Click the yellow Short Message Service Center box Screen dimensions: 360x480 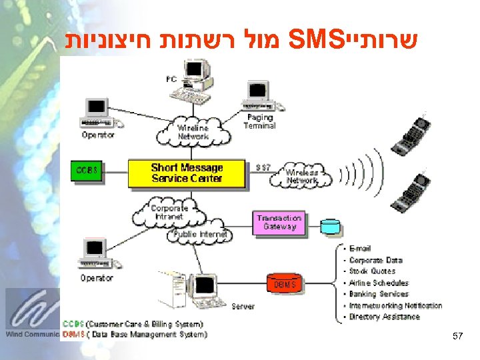pos(187,173)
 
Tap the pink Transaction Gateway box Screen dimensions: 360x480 pos(279,222)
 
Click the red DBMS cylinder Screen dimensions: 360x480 pos(281,285)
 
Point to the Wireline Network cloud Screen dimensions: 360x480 pos(193,132)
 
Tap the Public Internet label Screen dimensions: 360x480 pos(201,234)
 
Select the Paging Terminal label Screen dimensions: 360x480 pos(259,121)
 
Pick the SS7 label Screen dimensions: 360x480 pos(263,167)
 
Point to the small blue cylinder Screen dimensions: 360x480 pos(330,226)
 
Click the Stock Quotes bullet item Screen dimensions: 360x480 pos(372,271)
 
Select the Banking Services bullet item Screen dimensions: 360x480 pos(379,294)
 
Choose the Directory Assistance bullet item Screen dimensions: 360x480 pos(384,317)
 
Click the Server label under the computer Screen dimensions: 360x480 pos(243,306)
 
